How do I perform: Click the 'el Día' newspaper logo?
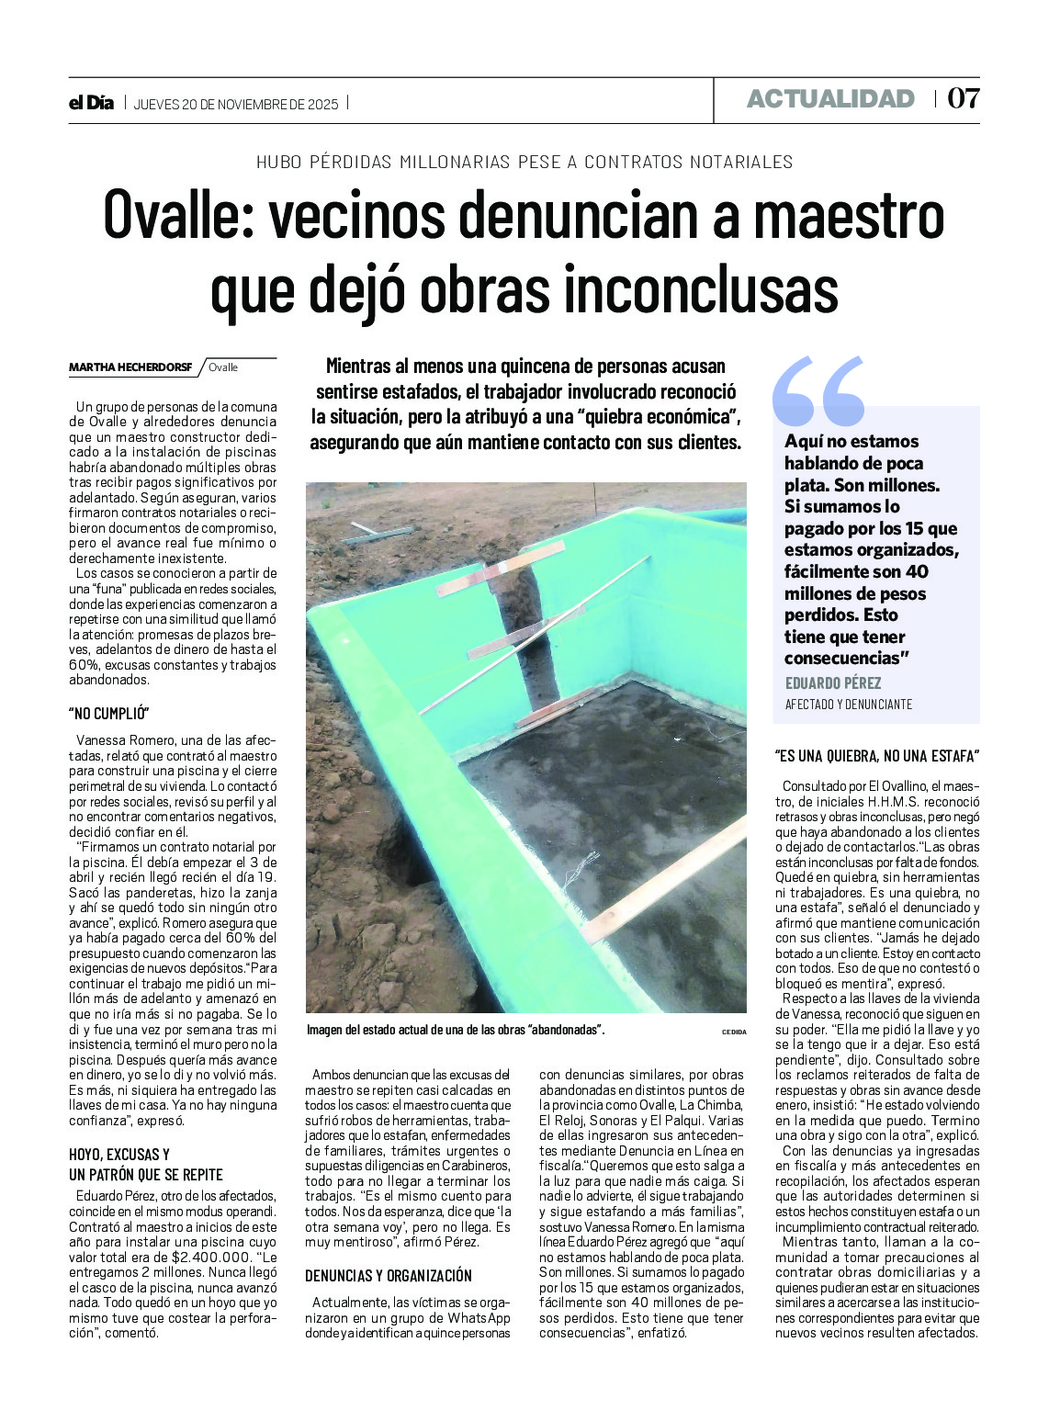click(92, 103)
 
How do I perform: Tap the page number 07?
click(964, 98)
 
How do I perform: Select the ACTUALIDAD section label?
click(830, 99)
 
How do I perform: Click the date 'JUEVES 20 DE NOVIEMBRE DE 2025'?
click(236, 104)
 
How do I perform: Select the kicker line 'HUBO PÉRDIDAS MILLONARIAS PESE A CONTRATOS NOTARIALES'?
click(524, 163)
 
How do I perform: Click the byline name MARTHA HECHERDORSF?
click(130, 367)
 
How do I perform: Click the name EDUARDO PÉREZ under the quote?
click(833, 683)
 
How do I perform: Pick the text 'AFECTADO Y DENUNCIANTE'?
click(848, 705)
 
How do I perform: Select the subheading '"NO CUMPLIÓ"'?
click(108, 714)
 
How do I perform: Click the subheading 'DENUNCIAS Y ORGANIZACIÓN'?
click(389, 1276)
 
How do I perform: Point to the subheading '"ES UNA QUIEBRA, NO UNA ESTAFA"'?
click(877, 757)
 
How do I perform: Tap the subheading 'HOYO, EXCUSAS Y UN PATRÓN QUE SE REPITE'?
click(146, 1164)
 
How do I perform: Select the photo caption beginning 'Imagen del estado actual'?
click(456, 1031)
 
